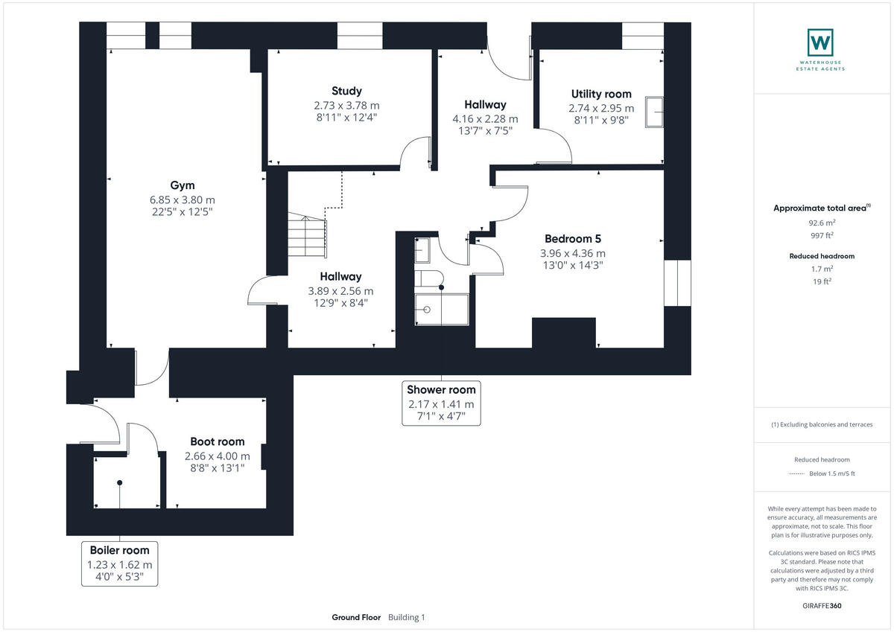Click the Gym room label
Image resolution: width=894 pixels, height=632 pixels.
183,185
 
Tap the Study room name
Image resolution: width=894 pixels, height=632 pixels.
346,91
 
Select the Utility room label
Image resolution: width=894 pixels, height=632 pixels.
601,94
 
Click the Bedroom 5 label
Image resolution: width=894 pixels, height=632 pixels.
572,239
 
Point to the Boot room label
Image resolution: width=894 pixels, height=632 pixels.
217,441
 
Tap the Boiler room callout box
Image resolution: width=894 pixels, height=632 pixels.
119,563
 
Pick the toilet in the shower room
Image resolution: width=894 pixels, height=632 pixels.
430,279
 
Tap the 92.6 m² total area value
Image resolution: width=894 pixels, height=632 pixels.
822,222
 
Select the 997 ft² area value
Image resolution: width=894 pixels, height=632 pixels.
822,234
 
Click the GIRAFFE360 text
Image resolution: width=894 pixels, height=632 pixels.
822,606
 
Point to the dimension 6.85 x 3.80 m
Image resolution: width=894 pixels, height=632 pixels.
183,200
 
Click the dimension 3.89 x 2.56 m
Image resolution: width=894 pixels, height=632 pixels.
341,290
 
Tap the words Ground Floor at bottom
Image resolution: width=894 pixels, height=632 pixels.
356,617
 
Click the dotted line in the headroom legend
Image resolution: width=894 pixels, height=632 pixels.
796,473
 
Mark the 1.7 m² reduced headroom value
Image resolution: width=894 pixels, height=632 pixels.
822,269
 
